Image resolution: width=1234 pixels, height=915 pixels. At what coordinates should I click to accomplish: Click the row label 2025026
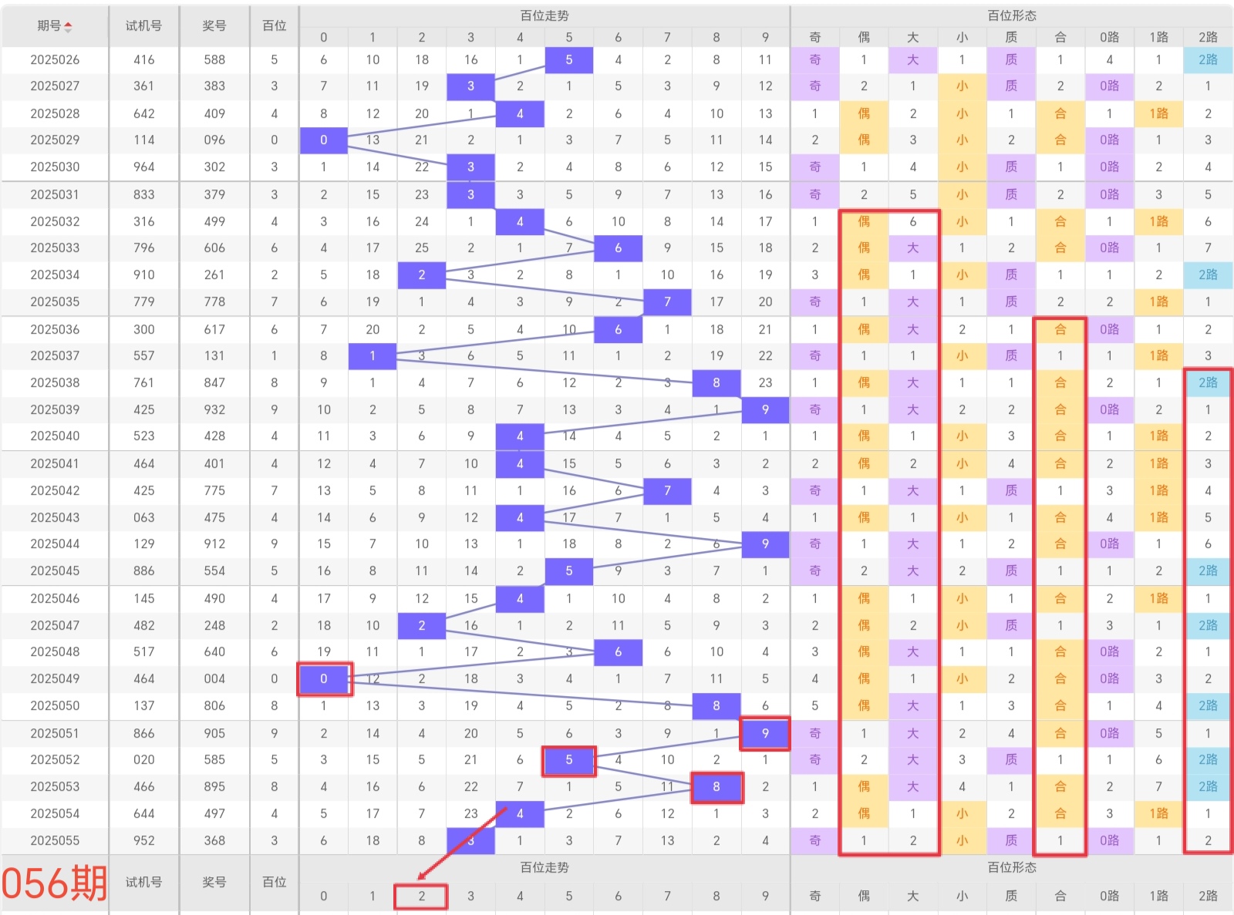[55, 59]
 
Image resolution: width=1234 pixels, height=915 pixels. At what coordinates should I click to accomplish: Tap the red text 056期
[54, 883]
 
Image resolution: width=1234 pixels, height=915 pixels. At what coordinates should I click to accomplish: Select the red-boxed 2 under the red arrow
[421, 896]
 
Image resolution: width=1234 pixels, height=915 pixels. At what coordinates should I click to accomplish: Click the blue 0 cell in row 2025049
[324, 678]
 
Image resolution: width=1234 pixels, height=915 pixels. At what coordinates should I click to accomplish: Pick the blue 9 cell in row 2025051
[765, 733]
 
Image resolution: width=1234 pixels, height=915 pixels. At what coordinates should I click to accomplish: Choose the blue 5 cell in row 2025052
[569, 760]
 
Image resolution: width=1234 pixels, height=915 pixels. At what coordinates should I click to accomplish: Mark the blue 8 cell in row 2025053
[716, 787]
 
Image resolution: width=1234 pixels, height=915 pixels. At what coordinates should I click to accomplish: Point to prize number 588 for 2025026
[214, 59]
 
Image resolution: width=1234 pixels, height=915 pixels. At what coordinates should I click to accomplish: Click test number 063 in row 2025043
[143, 517]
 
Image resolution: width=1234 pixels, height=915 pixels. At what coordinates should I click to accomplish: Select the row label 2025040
[55, 436]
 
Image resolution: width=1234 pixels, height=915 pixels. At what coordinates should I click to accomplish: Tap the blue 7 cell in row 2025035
[667, 301]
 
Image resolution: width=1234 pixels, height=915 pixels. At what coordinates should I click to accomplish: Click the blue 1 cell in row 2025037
[373, 355]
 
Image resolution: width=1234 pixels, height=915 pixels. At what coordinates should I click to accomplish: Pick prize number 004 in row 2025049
[214, 678]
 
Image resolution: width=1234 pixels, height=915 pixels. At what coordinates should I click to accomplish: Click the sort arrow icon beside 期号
[69, 26]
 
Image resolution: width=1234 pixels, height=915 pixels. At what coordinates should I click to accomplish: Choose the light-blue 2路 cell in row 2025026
[1208, 59]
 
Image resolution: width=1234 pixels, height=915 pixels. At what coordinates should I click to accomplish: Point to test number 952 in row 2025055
[143, 840]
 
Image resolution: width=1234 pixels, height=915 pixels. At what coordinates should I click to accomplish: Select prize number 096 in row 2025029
[214, 140]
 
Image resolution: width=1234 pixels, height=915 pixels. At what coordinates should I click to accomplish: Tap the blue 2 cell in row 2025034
[422, 274]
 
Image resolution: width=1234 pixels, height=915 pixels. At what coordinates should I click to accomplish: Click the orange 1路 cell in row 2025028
[1158, 113]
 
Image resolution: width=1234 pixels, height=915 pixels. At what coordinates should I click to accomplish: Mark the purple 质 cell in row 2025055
[1011, 840]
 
